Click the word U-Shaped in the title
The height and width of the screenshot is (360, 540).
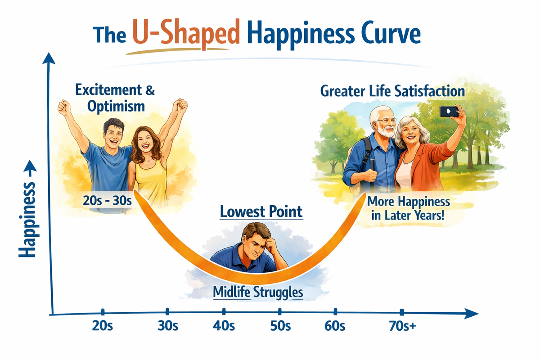point(186,33)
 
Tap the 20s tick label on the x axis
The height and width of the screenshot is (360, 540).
point(103,326)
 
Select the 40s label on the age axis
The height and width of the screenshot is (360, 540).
point(224,326)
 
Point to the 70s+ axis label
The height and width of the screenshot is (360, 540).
point(402,326)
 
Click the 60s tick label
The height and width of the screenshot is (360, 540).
point(335,326)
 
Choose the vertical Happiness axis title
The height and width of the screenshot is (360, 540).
point(27,220)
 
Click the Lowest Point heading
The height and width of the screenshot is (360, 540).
point(261,211)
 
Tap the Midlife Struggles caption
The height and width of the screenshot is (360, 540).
point(258,292)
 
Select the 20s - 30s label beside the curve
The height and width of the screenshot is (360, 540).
point(107,201)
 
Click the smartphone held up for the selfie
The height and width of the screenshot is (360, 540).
point(449,112)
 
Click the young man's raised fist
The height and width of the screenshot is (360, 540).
point(63,107)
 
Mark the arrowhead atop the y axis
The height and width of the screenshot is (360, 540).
point(49,58)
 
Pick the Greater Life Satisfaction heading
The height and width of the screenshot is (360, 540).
point(392,91)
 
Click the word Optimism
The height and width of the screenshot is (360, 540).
point(116,107)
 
